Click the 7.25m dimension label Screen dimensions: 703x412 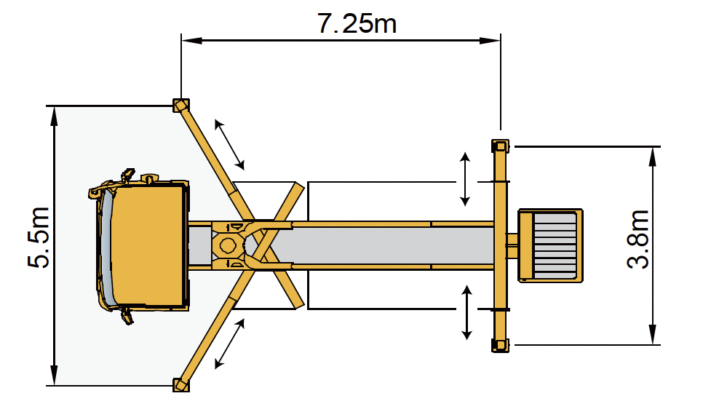pyautogui.click(x=357, y=23)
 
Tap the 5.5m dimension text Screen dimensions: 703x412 pyautogui.click(x=39, y=237)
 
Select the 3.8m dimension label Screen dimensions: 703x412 pyautogui.click(x=638, y=239)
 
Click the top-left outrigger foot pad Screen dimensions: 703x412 pyautogui.click(x=181, y=106)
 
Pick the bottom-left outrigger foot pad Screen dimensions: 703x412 pyautogui.click(x=181, y=385)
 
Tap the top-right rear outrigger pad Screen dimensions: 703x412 pyautogui.click(x=501, y=146)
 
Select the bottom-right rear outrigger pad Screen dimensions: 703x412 pyautogui.click(x=501, y=346)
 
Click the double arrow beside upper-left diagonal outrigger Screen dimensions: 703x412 pyautogui.click(x=229, y=145)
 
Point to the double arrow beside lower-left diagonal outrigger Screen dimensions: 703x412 pyautogui.click(x=229, y=344)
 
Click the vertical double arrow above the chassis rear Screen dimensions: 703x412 pyautogui.click(x=465, y=179)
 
